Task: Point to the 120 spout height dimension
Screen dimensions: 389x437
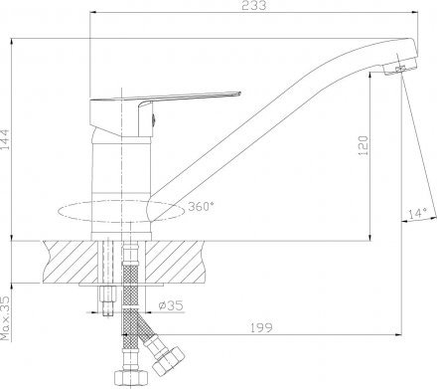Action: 364,147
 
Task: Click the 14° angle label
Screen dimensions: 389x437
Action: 415,211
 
